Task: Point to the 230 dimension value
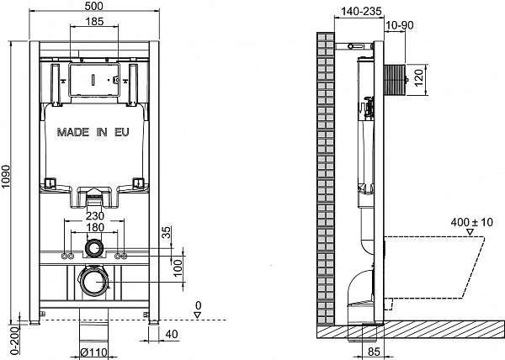point(95,215)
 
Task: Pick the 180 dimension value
point(95,227)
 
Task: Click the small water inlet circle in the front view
point(95,250)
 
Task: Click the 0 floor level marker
point(197,306)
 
